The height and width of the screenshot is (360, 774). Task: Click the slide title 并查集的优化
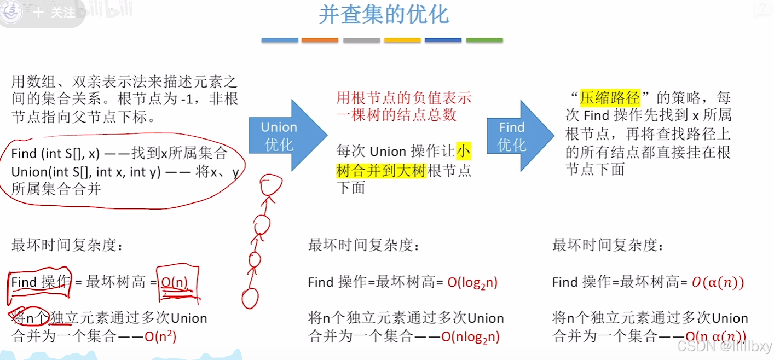[x=383, y=15]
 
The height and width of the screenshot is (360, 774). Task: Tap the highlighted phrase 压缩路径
[x=610, y=98]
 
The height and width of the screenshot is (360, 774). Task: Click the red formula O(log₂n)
[x=472, y=282]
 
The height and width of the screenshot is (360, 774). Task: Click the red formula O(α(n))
[x=718, y=282]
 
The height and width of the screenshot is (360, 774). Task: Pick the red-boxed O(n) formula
[x=174, y=282]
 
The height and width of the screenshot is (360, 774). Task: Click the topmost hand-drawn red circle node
[x=269, y=187]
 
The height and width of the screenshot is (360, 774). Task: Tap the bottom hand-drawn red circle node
[x=250, y=298]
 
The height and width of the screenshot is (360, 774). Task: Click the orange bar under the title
[x=320, y=40]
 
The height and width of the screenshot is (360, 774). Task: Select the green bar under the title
[x=484, y=40]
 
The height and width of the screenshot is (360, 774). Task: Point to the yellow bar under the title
[x=402, y=40]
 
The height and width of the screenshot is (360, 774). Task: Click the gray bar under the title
[x=361, y=40]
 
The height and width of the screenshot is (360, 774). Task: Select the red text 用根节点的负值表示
[x=404, y=98]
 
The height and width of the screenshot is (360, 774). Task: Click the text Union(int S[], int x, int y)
[x=85, y=172]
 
